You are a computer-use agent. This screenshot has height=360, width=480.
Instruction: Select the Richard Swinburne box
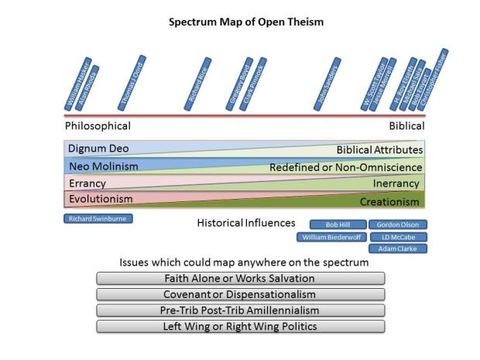click(98, 219)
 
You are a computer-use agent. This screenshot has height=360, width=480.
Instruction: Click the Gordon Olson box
click(398, 225)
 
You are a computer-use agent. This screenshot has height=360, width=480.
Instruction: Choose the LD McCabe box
click(398, 237)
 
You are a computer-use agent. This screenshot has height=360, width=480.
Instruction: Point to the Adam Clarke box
click(398, 249)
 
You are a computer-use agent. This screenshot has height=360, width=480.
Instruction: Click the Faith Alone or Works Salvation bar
click(240, 278)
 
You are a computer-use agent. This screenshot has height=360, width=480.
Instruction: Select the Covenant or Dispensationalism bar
click(240, 294)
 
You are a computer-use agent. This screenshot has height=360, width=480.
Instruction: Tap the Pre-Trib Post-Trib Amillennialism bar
click(240, 310)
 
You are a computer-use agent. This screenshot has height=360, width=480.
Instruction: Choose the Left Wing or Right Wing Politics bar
click(240, 326)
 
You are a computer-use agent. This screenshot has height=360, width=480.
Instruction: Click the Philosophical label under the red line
click(98, 126)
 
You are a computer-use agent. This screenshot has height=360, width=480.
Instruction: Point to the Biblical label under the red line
click(406, 126)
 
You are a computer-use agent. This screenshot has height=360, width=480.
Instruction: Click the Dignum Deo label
click(98, 148)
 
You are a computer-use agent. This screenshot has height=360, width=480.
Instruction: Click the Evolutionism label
click(101, 199)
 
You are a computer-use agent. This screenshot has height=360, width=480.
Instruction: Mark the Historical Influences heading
click(246, 224)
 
